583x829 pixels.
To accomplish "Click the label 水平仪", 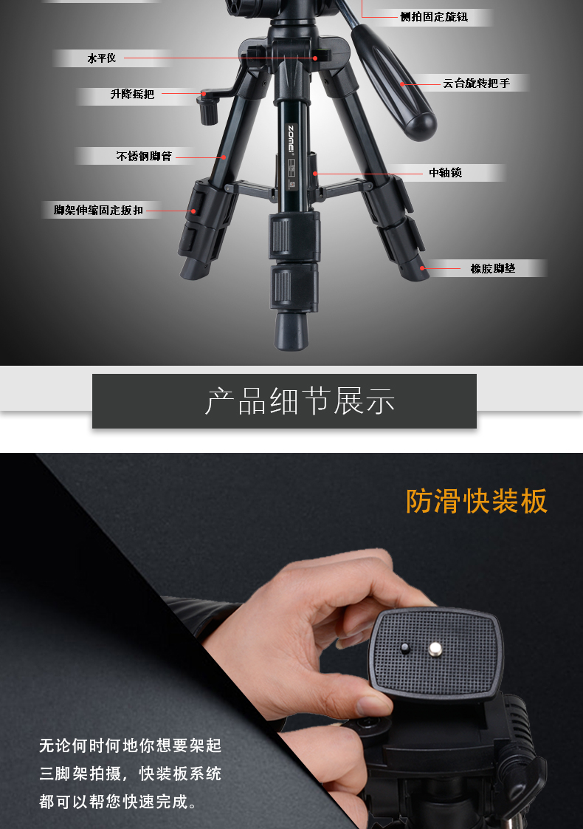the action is [x=101, y=58].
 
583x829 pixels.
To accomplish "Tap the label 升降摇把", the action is [x=132, y=94].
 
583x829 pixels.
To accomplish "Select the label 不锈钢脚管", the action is [x=144, y=156].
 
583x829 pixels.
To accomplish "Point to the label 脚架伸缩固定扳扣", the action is [x=98, y=211].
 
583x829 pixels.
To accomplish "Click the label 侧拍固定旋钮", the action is [x=434, y=17].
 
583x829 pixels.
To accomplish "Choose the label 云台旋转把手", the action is [x=476, y=83].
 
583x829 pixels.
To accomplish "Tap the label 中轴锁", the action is [x=445, y=172].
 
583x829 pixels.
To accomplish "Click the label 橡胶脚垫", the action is [x=493, y=269].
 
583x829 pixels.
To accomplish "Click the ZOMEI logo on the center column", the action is [x=291, y=138].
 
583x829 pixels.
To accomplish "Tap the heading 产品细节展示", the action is [x=300, y=401].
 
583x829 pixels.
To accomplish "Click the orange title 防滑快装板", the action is [x=476, y=501].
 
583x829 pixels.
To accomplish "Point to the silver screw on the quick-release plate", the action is [x=435, y=648].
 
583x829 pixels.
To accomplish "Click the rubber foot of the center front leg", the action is [x=291, y=331].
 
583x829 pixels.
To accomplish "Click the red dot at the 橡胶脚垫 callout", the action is [x=422, y=268].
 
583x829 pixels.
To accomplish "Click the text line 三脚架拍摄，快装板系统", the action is [x=131, y=774].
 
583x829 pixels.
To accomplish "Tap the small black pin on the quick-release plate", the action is [x=405, y=648].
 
